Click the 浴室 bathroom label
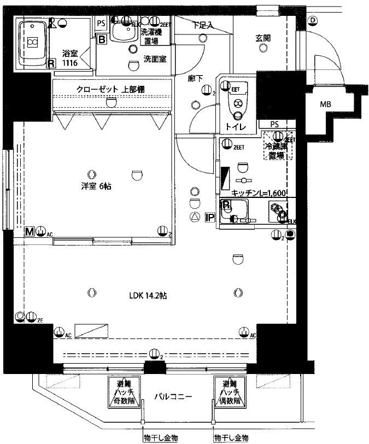coord(69,54)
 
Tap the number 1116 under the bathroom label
coord(69,63)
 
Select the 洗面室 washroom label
coord(155,59)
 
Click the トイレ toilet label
coord(236,127)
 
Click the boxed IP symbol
coord(209,217)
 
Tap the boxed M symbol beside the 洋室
coord(30,231)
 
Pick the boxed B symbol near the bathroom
coord(102,39)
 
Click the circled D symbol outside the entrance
coord(312,21)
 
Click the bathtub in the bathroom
coord(33,42)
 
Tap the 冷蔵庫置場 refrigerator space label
coord(278,150)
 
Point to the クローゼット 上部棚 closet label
coord(110,89)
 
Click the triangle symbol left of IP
coord(195,217)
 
